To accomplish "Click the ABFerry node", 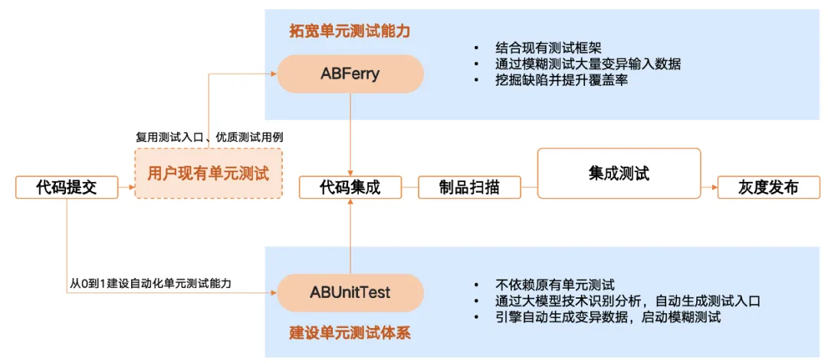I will point(350,74).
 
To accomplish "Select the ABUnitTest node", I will point(350,293).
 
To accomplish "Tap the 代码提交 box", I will point(67,187).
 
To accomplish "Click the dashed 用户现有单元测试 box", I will point(209,174).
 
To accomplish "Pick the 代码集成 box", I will point(350,187).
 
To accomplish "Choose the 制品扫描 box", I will point(469,187).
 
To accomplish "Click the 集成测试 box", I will point(619,174).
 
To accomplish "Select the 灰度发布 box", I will point(767,187).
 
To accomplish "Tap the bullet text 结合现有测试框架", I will point(549,48).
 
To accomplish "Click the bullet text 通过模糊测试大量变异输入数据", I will point(589,64).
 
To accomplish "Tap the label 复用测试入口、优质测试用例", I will point(209,137).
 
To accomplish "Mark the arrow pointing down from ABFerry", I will point(350,134).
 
